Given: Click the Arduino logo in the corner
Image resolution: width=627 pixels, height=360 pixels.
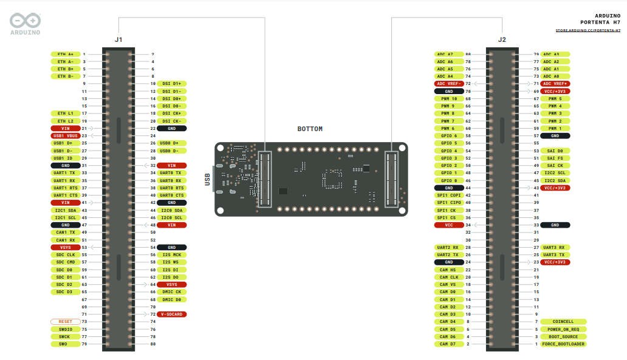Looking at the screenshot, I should click(x=25, y=23).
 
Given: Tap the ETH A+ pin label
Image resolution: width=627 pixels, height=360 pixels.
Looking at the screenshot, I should click(x=65, y=54).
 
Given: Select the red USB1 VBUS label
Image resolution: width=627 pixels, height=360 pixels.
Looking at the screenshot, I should click(x=65, y=135).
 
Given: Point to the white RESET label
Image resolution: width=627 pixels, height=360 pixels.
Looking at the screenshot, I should click(x=65, y=321).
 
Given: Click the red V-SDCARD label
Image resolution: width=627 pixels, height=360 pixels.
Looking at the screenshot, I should click(x=171, y=314).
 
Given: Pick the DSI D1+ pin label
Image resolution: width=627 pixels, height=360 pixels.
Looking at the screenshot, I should click(x=171, y=83).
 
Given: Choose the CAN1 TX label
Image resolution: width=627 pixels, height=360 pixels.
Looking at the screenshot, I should click(x=65, y=233).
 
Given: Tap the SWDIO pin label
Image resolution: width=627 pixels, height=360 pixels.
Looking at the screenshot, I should click(x=65, y=329).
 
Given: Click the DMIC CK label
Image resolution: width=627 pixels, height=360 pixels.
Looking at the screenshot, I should click(x=171, y=292).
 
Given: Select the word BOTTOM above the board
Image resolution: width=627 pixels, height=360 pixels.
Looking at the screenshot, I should click(x=310, y=129).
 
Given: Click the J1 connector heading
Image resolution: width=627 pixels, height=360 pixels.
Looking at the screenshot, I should click(x=118, y=39).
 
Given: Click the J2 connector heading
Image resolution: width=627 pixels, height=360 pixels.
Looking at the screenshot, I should click(x=501, y=39).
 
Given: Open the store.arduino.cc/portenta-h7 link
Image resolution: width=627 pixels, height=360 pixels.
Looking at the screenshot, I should click(x=588, y=30).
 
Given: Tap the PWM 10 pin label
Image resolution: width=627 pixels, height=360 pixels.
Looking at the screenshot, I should click(x=449, y=98).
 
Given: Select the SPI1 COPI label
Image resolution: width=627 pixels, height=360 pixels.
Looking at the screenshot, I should click(x=449, y=195).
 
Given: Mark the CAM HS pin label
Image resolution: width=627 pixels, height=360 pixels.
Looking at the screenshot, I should click(x=449, y=270).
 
